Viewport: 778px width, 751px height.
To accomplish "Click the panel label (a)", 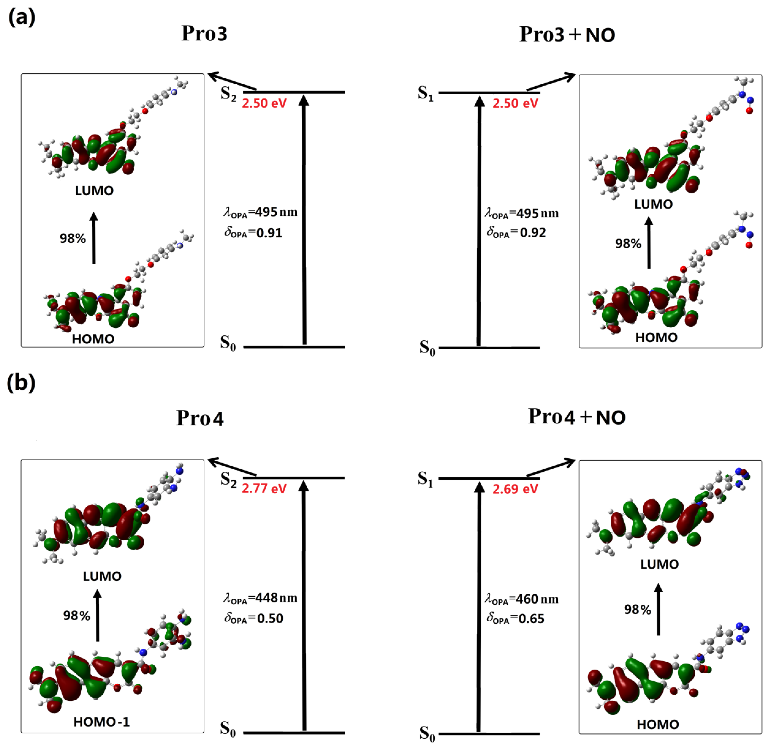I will coord(22,18).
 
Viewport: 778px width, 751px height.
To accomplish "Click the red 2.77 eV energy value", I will coord(264,488).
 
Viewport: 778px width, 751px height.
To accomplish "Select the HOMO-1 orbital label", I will coord(102,722).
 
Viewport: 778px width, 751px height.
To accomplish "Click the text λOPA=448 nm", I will coord(260,598).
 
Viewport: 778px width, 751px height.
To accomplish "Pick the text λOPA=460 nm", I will coord(521,599).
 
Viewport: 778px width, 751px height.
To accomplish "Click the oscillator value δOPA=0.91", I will coord(253,233).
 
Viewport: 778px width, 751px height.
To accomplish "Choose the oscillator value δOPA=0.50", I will coord(254,618).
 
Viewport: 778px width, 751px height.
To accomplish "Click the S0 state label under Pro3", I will coord(228,343).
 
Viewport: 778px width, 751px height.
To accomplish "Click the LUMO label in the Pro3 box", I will coord(95,191).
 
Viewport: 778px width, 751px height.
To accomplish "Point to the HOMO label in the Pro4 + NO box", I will coord(658,725).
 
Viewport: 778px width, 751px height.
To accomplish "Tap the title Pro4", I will coord(200,418).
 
